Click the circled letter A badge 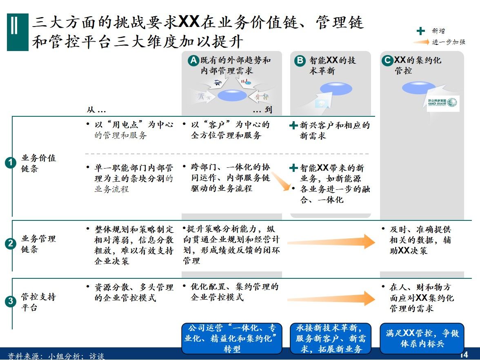[x=193, y=61]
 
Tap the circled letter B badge [x=300, y=61]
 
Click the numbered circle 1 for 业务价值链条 [x=10, y=163]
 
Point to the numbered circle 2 [x=10, y=244]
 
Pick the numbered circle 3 [x=10, y=302]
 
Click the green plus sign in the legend [x=420, y=31]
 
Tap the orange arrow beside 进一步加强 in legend [x=421, y=42]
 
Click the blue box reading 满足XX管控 [x=422, y=339]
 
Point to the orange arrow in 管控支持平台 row [x=331, y=298]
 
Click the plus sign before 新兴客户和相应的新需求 [x=293, y=126]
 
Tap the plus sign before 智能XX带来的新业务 [x=293, y=168]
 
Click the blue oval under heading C [x=419, y=88]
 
